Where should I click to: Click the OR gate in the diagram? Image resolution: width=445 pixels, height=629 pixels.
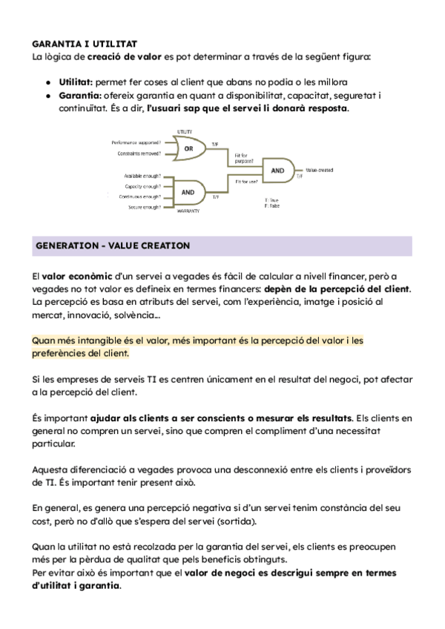[x=188, y=148]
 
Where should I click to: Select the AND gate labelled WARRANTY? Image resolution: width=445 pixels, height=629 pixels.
[x=188, y=191]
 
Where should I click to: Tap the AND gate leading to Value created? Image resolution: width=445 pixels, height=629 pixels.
[x=277, y=170]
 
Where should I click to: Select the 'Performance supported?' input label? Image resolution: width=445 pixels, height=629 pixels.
[x=136, y=142]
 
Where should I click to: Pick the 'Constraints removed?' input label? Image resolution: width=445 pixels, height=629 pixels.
[x=139, y=154]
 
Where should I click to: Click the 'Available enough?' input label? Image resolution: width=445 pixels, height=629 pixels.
[x=141, y=176]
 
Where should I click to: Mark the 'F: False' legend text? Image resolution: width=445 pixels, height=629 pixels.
[x=272, y=205]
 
